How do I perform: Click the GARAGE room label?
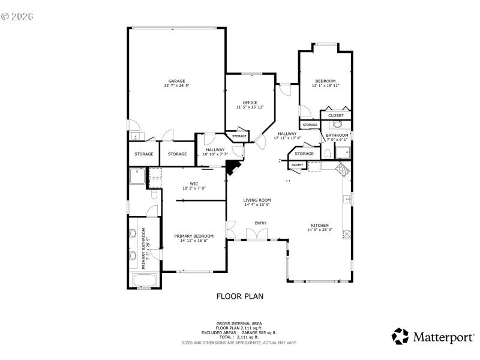[x=176, y=81]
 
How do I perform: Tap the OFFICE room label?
[x=250, y=103]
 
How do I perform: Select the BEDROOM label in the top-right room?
[x=325, y=81]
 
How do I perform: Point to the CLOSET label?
[x=336, y=115]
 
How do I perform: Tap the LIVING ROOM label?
[x=257, y=200]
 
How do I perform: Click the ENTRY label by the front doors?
[x=260, y=223]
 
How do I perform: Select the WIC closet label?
[x=194, y=184]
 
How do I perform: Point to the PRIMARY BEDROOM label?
[x=194, y=236]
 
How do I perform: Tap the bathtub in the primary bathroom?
[x=144, y=280]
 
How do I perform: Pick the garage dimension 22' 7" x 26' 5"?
[x=176, y=86]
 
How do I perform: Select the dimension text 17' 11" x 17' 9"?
[x=287, y=138]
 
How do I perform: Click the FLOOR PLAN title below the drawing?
[x=239, y=296]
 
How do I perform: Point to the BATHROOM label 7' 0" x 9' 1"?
[x=337, y=136]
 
